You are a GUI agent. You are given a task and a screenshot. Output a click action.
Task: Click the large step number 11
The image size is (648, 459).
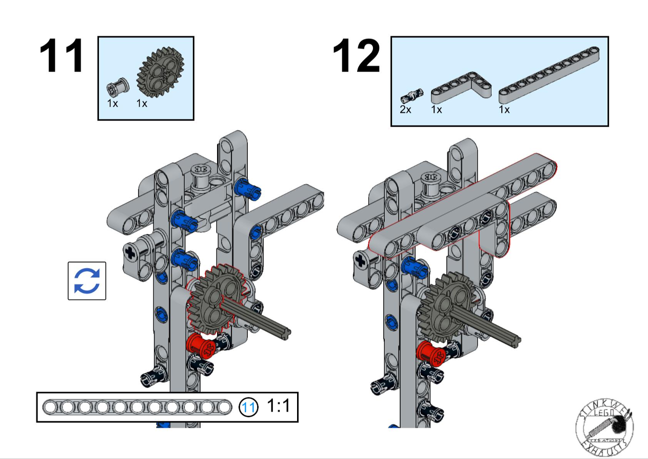(62, 56)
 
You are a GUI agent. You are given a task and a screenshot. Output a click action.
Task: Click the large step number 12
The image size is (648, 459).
(357, 56)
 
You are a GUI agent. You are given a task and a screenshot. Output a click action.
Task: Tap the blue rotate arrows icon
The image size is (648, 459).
(87, 281)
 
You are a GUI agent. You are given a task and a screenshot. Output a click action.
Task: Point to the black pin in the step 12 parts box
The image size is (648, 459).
(411, 94)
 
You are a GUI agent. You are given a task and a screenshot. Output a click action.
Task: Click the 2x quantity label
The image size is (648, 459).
(405, 109)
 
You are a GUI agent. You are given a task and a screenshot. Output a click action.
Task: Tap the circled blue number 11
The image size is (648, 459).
(249, 408)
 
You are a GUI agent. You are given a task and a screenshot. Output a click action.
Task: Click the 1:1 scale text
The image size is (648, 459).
(278, 407)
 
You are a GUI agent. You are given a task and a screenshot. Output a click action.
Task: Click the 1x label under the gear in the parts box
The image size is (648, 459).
(142, 103)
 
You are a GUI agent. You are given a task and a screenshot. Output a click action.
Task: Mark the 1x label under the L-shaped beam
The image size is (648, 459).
(437, 109)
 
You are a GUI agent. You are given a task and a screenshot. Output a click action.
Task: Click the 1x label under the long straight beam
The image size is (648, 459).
(504, 109)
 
